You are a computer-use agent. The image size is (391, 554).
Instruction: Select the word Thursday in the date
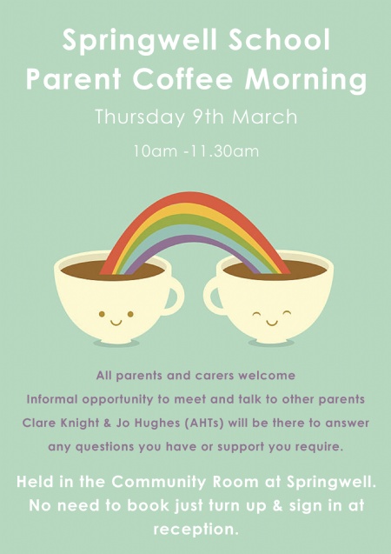[x=140, y=117]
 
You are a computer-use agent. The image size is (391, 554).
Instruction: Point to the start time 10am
[x=155, y=151]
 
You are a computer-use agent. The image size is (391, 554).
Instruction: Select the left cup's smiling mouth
[x=116, y=322]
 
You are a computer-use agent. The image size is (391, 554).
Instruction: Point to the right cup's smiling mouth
[x=271, y=322]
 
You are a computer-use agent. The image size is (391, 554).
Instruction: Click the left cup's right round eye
[x=130, y=314]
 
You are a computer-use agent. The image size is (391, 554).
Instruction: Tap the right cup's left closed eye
[x=256, y=313]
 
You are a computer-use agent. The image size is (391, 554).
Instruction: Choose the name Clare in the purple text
[x=38, y=423]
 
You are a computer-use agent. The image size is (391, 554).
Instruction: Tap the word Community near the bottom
[x=158, y=483]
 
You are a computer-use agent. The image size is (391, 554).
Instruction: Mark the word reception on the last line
[x=194, y=530]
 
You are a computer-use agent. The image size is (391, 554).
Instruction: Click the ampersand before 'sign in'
[x=278, y=505]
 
